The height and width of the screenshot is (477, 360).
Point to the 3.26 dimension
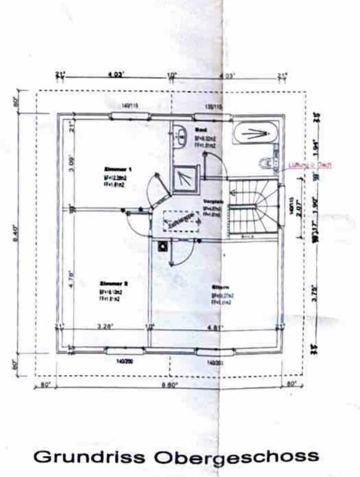[105, 326]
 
